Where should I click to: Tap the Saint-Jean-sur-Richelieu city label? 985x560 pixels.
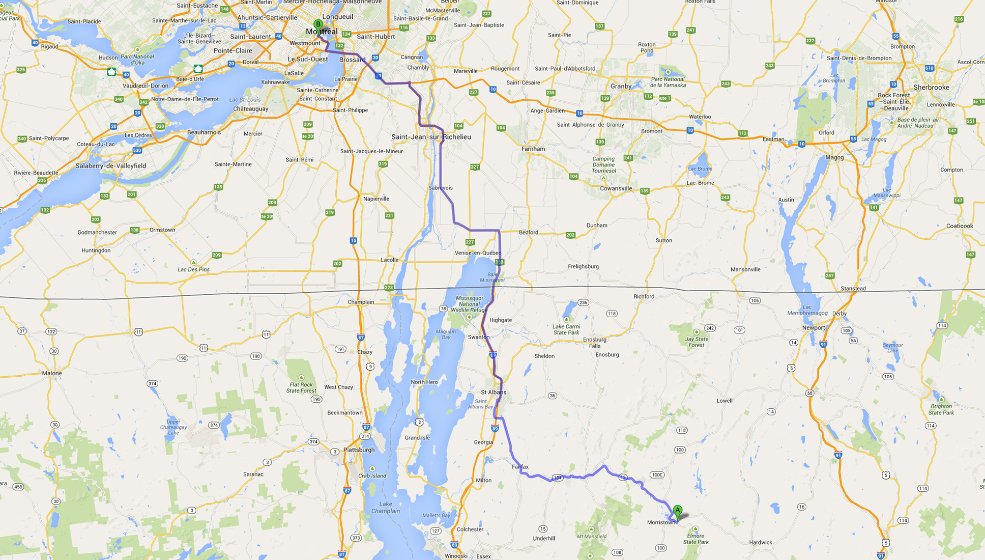click(431, 137)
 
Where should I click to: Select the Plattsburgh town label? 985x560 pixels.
click(359, 450)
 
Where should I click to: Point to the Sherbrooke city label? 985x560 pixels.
click(931, 88)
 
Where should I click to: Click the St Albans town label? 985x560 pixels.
click(494, 393)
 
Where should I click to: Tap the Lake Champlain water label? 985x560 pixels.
click(385, 508)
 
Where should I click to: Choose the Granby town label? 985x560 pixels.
click(621, 87)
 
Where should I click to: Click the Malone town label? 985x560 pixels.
click(52, 373)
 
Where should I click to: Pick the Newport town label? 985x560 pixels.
click(813, 328)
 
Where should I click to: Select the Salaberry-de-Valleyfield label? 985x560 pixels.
click(111, 166)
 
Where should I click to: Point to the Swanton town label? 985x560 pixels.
click(478, 337)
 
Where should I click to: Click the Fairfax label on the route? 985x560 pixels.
click(520, 467)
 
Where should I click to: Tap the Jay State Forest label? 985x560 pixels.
click(697, 342)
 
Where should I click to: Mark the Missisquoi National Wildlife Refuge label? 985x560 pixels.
click(469, 304)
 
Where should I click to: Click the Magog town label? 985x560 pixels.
click(834, 157)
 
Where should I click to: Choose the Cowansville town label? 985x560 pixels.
click(616, 188)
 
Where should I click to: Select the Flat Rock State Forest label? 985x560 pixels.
click(301, 388)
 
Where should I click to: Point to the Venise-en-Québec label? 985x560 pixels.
click(478, 253)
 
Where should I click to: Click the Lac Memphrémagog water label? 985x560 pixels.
click(807, 310)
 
